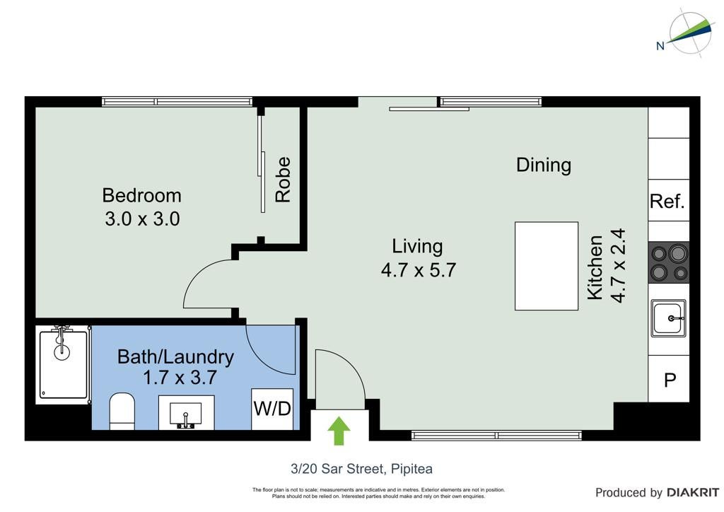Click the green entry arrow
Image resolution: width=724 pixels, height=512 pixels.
(x=339, y=431)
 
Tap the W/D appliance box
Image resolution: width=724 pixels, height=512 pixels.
(x=272, y=409)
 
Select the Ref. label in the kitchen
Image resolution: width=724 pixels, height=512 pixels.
(x=667, y=202)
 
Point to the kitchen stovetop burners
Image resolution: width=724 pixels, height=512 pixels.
(x=669, y=262)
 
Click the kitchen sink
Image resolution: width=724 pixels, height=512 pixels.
(x=669, y=318)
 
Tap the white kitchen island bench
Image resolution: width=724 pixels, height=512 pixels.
(x=547, y=266)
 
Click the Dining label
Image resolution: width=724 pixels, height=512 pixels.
(x=544, y=165)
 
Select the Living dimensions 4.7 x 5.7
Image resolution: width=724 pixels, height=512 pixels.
(x=419, y=269)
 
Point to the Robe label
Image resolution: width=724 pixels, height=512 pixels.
(x=283, y=180)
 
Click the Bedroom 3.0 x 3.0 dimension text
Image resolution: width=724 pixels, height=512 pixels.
(x=142, y=219)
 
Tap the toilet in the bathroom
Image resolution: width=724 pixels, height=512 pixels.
(x=122, y=411)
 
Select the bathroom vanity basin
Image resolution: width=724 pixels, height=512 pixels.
(x=186, y=413)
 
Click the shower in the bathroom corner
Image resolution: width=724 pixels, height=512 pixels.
(x=63, y=364)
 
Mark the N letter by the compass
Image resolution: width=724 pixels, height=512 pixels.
(x=660, y=46)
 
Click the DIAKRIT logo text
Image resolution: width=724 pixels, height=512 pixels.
(x=693, y=493)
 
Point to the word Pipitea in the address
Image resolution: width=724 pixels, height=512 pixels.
(x=412, y=469)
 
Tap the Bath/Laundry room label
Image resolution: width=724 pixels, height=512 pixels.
(x=175, y=357)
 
